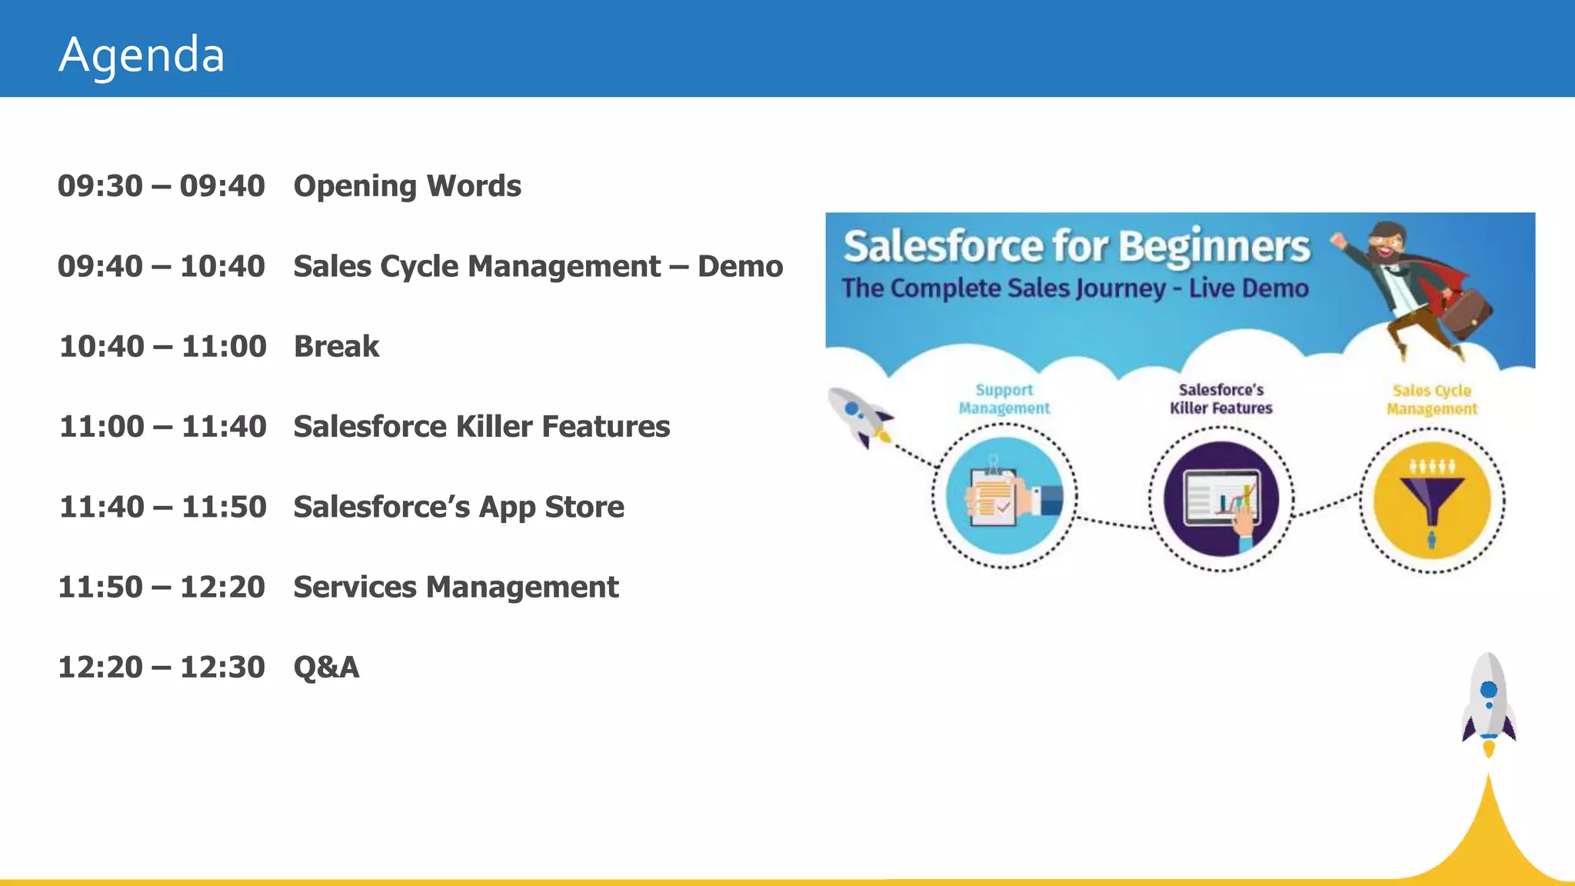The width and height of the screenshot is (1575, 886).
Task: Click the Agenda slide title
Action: click(142, 55)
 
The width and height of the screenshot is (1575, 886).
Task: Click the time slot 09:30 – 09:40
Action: click(161, 186)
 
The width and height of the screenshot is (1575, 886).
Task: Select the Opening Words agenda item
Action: click(407, 186)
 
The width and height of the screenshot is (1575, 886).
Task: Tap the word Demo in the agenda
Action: click(740, 266)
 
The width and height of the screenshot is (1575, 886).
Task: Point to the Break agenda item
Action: click(336, 347)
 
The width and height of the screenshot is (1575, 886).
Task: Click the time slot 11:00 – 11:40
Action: click(163, 427)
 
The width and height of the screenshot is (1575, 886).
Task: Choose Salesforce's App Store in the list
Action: click(458, 507)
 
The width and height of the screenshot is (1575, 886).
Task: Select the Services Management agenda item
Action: click(456, 588)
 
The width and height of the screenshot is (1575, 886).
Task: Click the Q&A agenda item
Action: click(326, 668)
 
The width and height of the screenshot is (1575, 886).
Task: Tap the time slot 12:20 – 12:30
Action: click(161, 668)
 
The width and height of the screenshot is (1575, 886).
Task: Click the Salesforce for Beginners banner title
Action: click(1076, 247)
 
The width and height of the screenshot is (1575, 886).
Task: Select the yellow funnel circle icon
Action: click(1432, 501)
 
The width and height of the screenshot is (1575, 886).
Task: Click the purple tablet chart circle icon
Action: click(1221, 499)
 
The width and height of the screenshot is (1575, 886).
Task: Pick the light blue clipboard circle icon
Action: click(1004, 496)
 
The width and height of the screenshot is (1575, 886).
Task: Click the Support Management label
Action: click(1004, 399)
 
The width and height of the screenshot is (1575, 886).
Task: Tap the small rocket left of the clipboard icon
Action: click(860, 416)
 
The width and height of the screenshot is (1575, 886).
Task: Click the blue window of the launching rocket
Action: click(1489, 689)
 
